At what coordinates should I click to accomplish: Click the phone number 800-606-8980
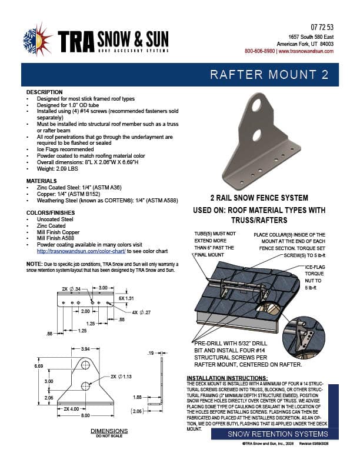[x=259, y=51]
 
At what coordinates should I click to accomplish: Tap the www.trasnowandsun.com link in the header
[x=306, y=51]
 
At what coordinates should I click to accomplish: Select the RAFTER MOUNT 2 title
[x=274, y=76]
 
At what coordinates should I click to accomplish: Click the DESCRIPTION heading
[x=44, y=92]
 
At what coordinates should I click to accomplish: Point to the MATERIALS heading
[x=42, y=181]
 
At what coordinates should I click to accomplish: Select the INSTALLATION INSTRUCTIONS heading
[x=227, y=377]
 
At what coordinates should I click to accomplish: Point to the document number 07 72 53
[x=322, y=28]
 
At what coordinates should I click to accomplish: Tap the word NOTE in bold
[x=34, y=264]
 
